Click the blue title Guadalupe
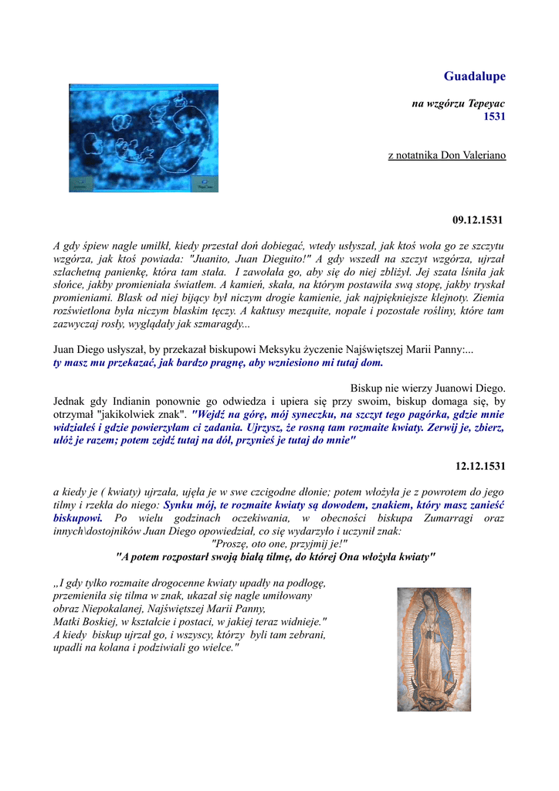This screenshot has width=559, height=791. click(474, 76)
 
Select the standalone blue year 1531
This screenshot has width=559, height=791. click(494, 117)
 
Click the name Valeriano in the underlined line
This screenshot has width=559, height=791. click(483, 155)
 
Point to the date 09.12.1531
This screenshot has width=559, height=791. click(477, 221)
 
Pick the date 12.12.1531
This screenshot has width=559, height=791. click(479, 466)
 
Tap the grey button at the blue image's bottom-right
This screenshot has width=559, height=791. click(205, 184)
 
